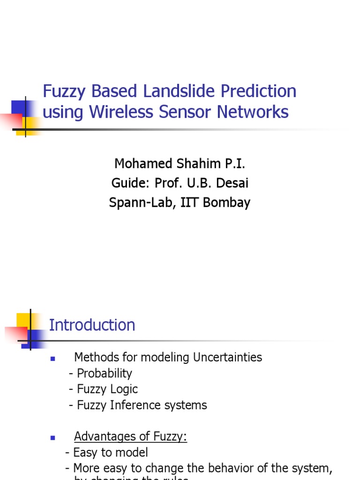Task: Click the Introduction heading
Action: click(92, 325)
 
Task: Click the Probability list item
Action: click(104, 373)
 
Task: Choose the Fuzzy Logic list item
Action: click(106, 389)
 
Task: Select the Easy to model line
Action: click(110, 452)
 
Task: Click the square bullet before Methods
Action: click(53, 359)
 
